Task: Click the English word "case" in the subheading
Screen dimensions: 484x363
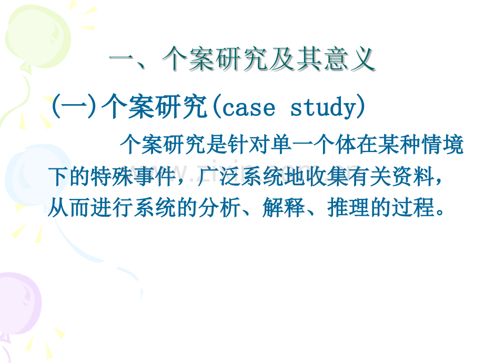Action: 248,108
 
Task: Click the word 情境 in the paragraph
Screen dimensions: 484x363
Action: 442,145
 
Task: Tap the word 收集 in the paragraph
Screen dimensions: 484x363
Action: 327,177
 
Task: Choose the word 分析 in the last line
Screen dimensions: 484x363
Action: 220,207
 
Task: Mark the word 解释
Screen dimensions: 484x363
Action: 284,207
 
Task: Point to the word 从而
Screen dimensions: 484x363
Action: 69,207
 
